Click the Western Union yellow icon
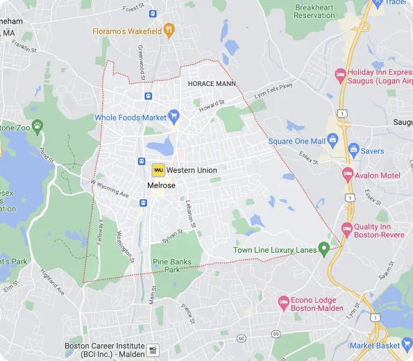point(158,170)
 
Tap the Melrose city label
point(161,186)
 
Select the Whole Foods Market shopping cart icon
point(174,117)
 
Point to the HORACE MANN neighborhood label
point(212,83)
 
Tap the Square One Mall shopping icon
point(332,142)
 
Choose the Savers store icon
point(353,150)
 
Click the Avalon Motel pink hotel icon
point(348,176)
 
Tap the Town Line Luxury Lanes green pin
point(323,249)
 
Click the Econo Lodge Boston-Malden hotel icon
point(283,302)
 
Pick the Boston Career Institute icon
point(153,349)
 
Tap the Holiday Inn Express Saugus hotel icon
point(340,75)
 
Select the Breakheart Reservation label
point(314,11)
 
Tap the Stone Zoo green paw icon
point(37,127)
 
